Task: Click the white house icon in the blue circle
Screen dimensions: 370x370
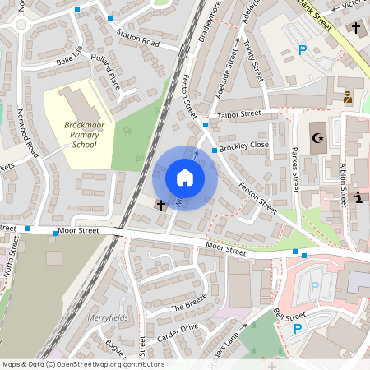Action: click(185, 177)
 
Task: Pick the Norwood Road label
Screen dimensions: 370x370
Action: click(32, 136)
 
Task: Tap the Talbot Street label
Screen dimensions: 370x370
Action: click(238, 115)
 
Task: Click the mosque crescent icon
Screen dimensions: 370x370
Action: click(317, 138)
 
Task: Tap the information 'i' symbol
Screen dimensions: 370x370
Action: click(358, 197)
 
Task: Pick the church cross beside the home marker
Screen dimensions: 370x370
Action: click(160, 204)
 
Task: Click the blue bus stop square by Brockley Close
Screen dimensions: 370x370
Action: click(214, 150)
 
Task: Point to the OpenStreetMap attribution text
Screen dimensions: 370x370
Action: click(82, 364)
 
